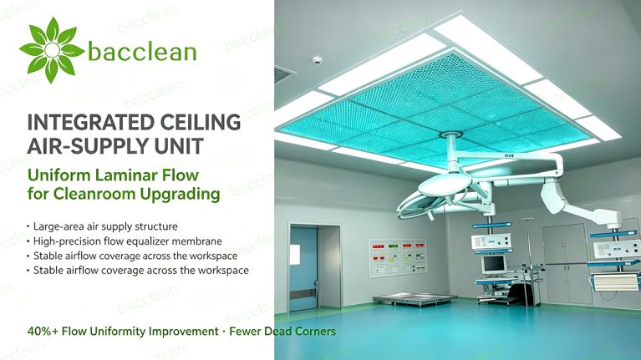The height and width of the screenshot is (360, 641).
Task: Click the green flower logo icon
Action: (x=52, y=50)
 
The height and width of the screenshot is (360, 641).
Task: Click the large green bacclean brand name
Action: (x=142, y=52)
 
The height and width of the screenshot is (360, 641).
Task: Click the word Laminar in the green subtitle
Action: (x=125, y=175)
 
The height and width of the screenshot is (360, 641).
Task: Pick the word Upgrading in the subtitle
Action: (x=181, y=194)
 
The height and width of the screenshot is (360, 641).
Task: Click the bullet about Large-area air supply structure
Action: (x=105, y=226)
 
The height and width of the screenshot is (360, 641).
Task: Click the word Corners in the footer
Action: (x=316, y=331)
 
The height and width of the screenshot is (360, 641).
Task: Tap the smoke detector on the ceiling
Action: (x=318, y=60)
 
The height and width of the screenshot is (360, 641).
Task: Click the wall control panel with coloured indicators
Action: (x=398, y=257)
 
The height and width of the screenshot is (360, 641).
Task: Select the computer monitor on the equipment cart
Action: (x=494, y=265)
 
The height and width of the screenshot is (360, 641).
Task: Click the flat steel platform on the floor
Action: (x=415, y=299)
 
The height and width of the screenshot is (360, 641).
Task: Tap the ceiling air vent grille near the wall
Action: (x=284, y=75)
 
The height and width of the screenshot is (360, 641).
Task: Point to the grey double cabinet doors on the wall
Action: (x=567, y=264)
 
